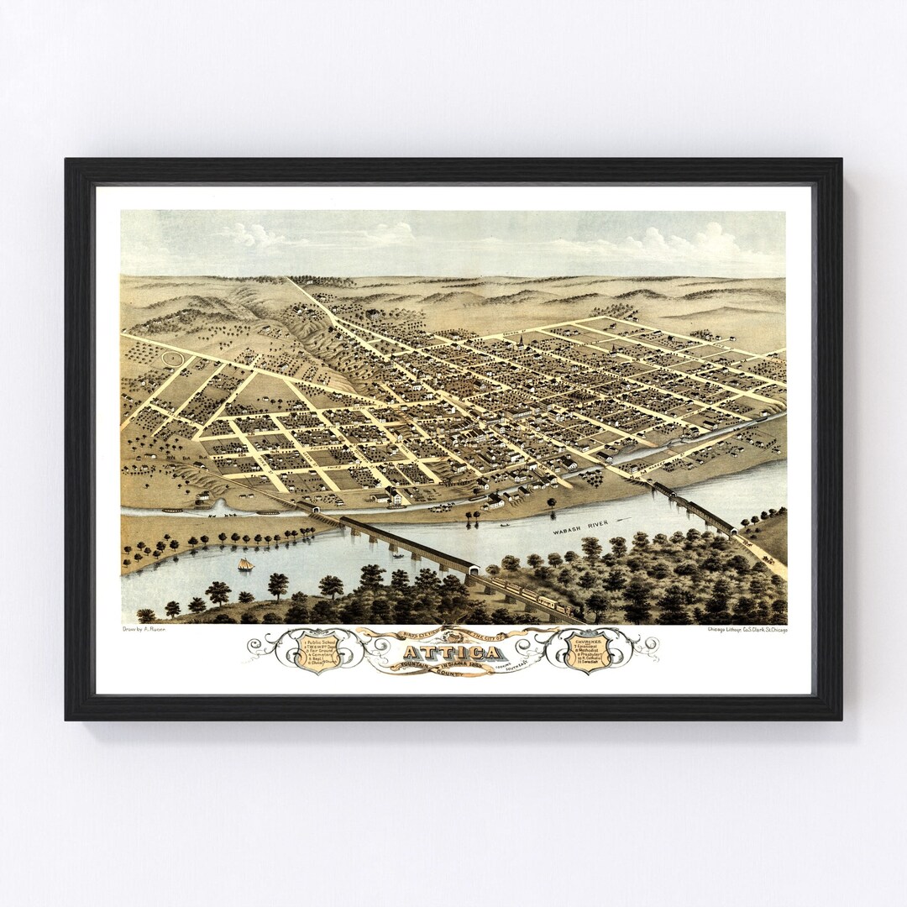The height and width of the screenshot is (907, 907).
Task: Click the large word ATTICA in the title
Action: pos(453,653)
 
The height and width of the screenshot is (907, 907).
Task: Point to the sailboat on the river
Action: pos(245,564)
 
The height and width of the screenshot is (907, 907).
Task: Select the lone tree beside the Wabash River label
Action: pos(552,504)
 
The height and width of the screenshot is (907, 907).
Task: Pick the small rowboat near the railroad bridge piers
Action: pos(397,556)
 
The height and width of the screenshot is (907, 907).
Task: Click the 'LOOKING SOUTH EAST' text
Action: pos(526,663)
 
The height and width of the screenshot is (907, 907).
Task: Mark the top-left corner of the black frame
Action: pos(67,160)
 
